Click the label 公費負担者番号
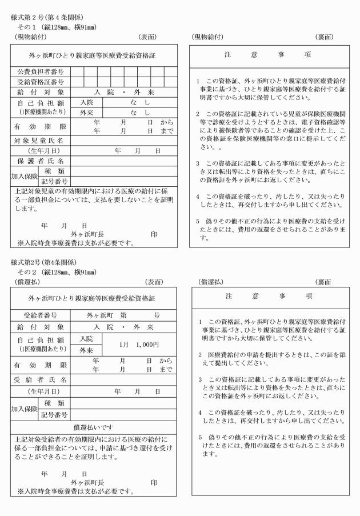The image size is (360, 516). point(40,71)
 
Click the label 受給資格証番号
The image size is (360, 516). point(40,81)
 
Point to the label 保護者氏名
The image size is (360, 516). point(40,161)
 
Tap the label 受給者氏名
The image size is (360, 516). point(40,379)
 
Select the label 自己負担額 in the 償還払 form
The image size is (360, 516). point(40,339)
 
